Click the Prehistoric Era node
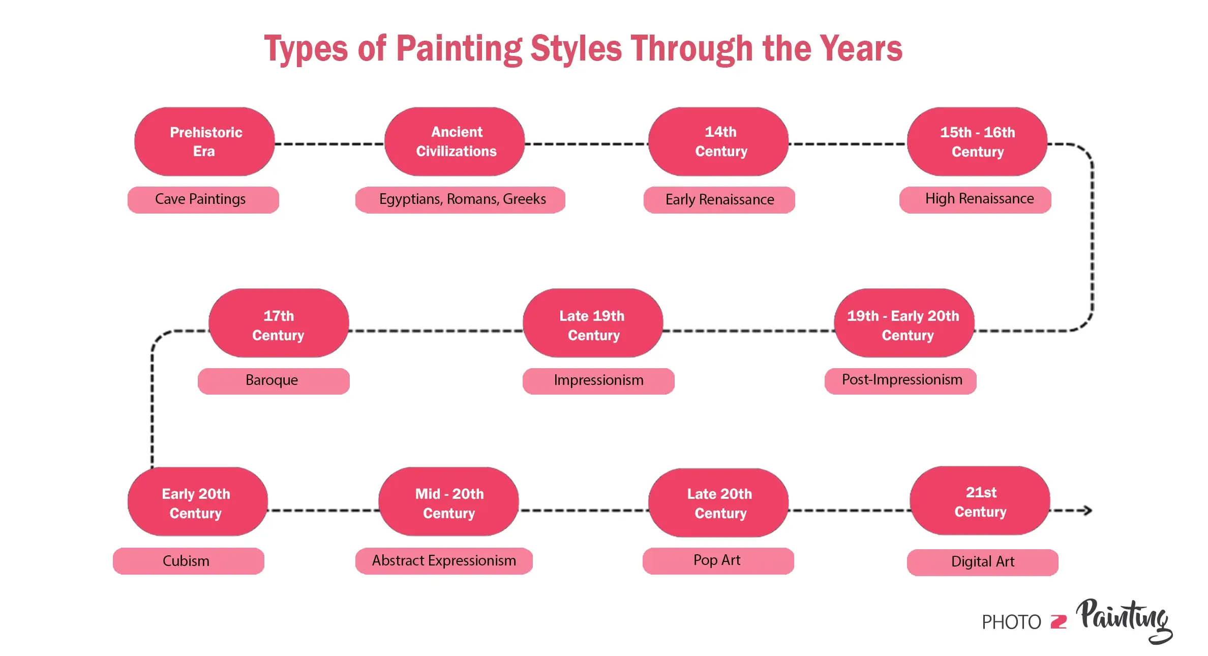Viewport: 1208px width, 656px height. [204, 141]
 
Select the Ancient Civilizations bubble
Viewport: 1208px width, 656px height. [455, 141]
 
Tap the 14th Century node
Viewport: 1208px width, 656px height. [718, 141]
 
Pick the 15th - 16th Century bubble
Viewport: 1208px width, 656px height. [977, 141]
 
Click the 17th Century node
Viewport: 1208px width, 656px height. [279, 323]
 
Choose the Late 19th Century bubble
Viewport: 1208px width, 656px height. [593, 323]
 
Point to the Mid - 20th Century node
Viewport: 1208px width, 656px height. [448, 502]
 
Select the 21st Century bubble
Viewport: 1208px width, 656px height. [980, 501]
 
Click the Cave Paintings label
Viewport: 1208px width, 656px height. [203, 199]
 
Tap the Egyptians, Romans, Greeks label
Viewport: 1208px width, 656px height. [460, 199]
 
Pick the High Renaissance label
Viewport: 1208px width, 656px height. [975, 199]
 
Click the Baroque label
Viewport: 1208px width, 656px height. [274, 381]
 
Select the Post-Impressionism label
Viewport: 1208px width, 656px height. [900, 381]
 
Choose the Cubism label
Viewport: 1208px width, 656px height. [188, 561]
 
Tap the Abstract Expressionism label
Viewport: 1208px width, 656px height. [444, 561]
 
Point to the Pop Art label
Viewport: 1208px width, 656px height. [718, 561]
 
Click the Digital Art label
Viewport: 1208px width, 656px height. [982, 562]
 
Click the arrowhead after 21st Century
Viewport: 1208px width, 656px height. [1087, 510]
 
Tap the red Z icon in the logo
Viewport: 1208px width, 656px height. [1059, 622]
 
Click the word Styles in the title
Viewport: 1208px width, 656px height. [576, 49]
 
